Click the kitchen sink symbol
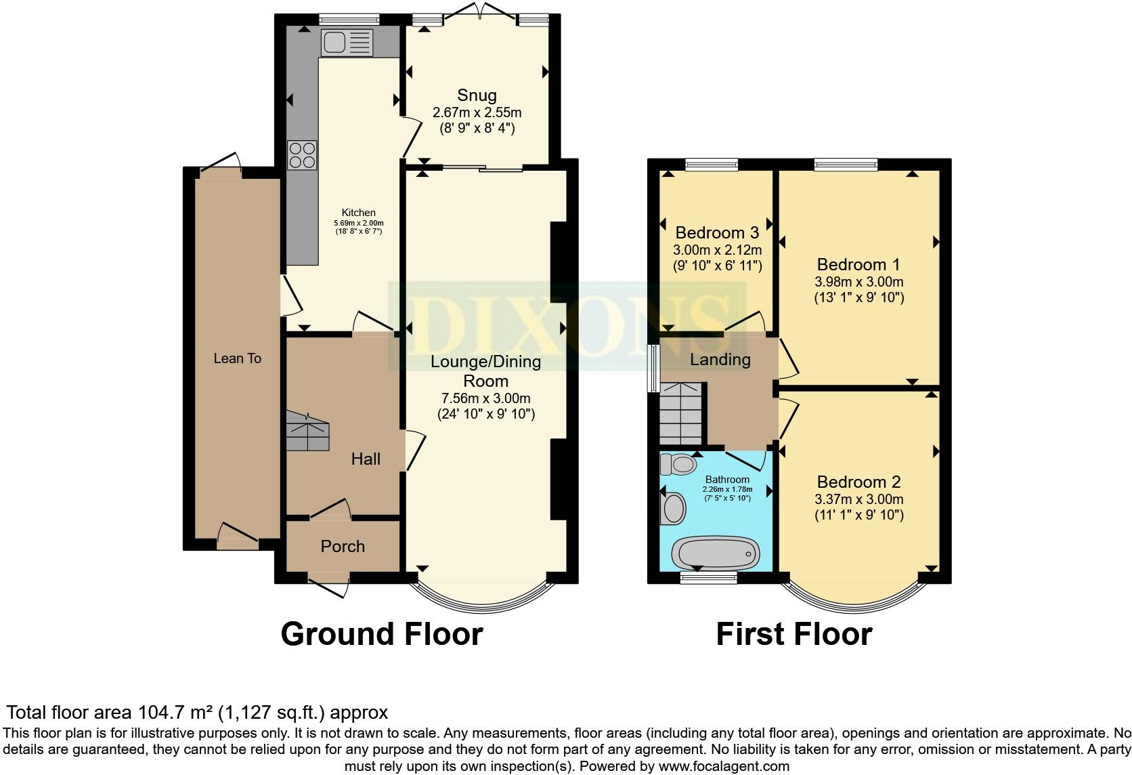[x=347, y=43]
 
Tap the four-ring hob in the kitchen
[x=302, y=154]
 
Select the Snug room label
[x=477, y=96]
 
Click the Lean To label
[x=237, y=358]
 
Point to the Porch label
[x=343, y=547]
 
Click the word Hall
[x=366, y=459]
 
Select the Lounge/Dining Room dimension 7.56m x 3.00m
[x=485, y=398]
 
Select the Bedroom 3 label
[x=716, y=233]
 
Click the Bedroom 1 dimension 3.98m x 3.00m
[x=859, y=282]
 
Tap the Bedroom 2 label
[x=858, y=482]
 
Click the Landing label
[x=720, y=360]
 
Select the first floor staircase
[x=682, y=413]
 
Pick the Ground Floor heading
[x=381, y=634]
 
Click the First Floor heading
[x=793, y=634]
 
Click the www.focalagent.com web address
[x=723, y=767]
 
